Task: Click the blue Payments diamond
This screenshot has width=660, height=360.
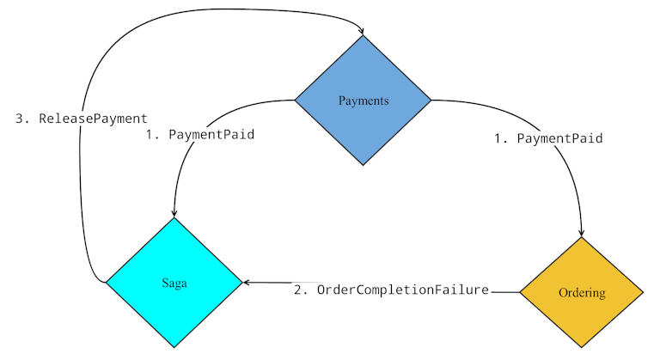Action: pos(363,101)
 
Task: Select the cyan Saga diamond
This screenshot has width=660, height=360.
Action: pos(174,282)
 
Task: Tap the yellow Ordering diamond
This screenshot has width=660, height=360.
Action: pos(582,293)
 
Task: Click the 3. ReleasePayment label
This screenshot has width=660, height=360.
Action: pos(82,119)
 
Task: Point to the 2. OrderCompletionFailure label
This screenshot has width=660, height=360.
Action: pos(391,290)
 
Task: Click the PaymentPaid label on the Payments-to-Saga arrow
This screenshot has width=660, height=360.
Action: pos(199,135)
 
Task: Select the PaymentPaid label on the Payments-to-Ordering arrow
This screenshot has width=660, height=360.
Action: pos(547,137)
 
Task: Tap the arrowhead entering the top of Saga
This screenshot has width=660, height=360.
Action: pos(174,214)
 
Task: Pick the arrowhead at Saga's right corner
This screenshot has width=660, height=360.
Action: pos(247,282)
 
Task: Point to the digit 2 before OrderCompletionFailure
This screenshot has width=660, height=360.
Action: pos(298,290)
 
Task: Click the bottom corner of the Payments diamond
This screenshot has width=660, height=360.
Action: pos(363,166)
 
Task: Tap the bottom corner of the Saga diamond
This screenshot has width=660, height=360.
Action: pos(174,347)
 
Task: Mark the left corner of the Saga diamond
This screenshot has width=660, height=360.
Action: pos(106,282)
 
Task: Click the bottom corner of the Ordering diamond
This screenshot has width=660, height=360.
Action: pos(582,349)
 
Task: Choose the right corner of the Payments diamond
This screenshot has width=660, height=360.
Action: pos(431,101)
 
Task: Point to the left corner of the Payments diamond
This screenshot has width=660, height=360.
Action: pos(295,101)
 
